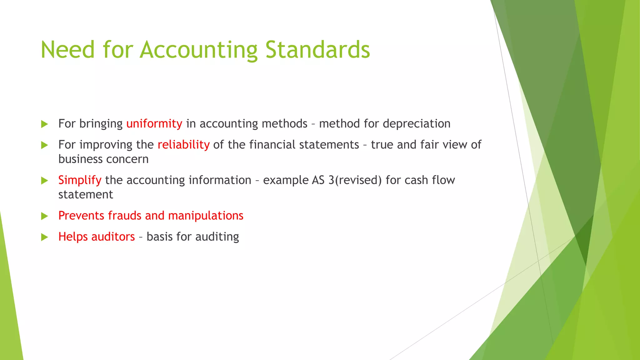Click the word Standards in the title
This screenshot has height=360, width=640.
(317, 50)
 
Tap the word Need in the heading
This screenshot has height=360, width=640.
(67, 50)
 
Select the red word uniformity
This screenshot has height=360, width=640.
(154, 124)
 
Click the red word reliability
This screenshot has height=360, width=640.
(183, 145)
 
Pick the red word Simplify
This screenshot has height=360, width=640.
(80, 180)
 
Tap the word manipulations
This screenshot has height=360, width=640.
(206, 216)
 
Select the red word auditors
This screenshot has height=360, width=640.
(113, 237)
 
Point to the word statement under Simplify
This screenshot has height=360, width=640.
(86, 195)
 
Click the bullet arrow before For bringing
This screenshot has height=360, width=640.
(45, 124)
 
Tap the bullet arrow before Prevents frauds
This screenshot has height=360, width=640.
(45, 216)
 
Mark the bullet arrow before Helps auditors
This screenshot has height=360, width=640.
(45, 237)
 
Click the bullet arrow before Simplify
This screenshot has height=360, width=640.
(45, 181)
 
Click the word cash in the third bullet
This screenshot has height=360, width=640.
(416, 180)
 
